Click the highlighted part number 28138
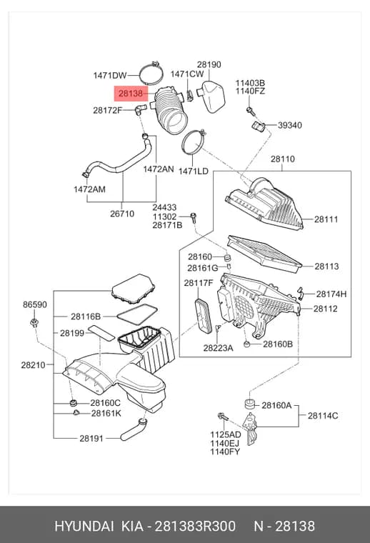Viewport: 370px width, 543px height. tap(131, 93)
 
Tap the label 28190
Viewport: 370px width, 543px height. tap(209, 64)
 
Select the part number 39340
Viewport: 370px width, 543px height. tap(290, 125)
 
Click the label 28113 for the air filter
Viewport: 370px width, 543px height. tap(326, 266)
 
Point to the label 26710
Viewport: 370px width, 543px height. tap(122, 214)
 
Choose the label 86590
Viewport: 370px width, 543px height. tap(35, 304)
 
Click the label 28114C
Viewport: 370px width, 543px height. tap(323, 416)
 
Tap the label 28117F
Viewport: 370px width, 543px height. tap(199, 283)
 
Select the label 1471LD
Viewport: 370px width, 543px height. tap(194, 171)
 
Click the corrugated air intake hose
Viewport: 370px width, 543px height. tap(171, 110)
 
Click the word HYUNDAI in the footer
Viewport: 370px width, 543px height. tap(84, 526)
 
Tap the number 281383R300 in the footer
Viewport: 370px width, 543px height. tap(195, 526)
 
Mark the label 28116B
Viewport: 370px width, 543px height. tap(86, 317)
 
